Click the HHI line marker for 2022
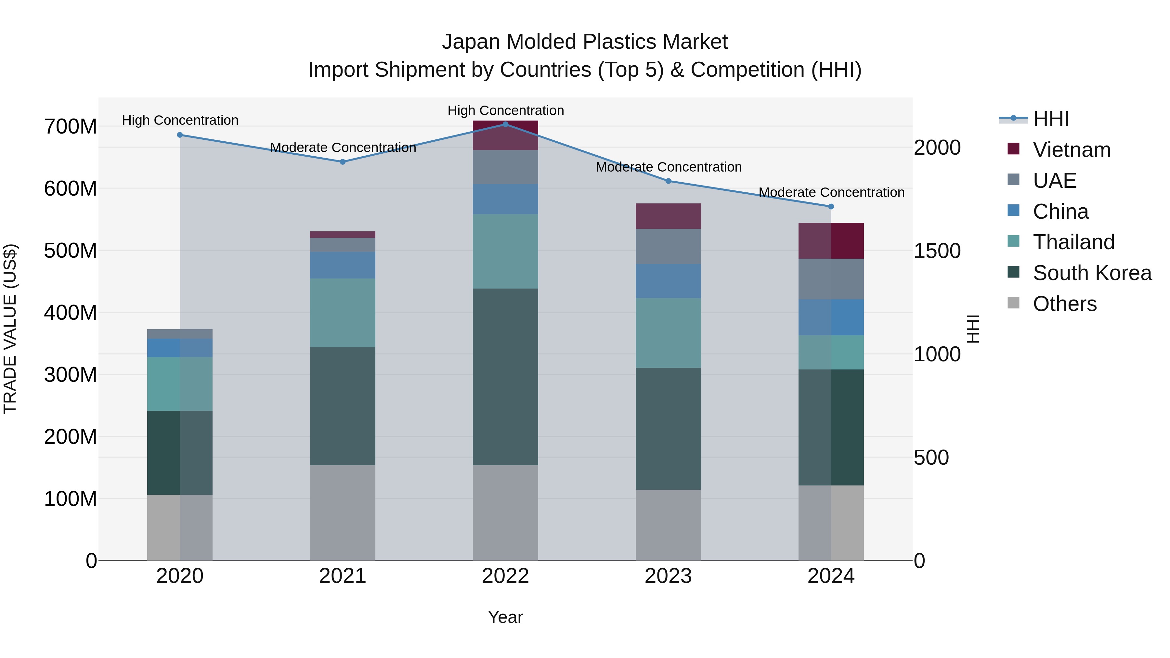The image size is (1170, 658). tap(505, 124)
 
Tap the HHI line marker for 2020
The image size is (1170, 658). tap(180, 135)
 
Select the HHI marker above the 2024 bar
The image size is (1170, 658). tap(831, 207)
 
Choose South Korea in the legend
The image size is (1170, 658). tap(1092, 273)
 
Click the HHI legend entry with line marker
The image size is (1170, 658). tap(1050, 119)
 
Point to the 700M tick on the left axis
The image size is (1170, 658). tap(71, 127)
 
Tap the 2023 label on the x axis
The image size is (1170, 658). tap(668, 576)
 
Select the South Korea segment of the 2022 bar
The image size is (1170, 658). tap(505, 377)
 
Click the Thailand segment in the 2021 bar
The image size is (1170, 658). tap(343, 313)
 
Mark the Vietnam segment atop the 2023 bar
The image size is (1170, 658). tap(668, 216)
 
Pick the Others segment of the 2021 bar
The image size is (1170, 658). tap(343, 513)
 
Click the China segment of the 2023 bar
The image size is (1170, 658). tap(668, 281)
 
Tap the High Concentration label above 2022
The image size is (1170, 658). tap(505, 110)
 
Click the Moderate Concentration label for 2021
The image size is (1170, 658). tap(343, 148)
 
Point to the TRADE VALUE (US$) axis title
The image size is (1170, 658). tap(10, 329)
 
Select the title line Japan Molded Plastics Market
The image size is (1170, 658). tap(585, 42)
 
